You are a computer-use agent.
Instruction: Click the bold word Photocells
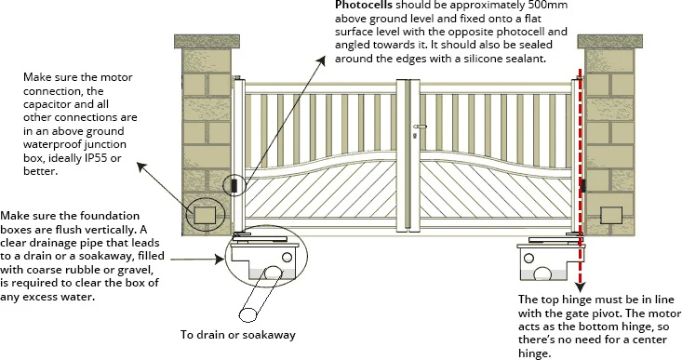[x=364, y=6]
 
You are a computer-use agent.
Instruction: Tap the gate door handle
[x=421, y=127]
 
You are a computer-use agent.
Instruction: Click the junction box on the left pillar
[x=205, y=215]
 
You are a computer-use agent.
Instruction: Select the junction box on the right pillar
[x=610, y=216]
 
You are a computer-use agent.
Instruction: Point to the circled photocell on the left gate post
[x=234, y=186]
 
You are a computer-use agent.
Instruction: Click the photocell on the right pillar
[x=583, y=186]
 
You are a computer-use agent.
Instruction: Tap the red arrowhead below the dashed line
[x=581, y=287]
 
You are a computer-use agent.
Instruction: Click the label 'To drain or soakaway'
[x=238, y=335]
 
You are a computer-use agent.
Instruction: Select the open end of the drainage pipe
[x=248, y=314]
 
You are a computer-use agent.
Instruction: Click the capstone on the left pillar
[x=207, y=42]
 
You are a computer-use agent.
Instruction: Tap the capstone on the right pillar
[x=609, y=42]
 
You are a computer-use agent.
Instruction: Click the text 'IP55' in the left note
[x=96, y=158]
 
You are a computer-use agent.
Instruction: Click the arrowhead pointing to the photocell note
[x=321, y=60]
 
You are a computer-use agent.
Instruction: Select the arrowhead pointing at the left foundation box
[x=220, y=260]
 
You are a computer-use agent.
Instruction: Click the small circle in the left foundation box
[x=287, y=258]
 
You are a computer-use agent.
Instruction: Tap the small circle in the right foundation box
[x=528, y=259]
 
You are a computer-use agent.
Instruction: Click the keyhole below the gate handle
[x=415, y=136]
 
